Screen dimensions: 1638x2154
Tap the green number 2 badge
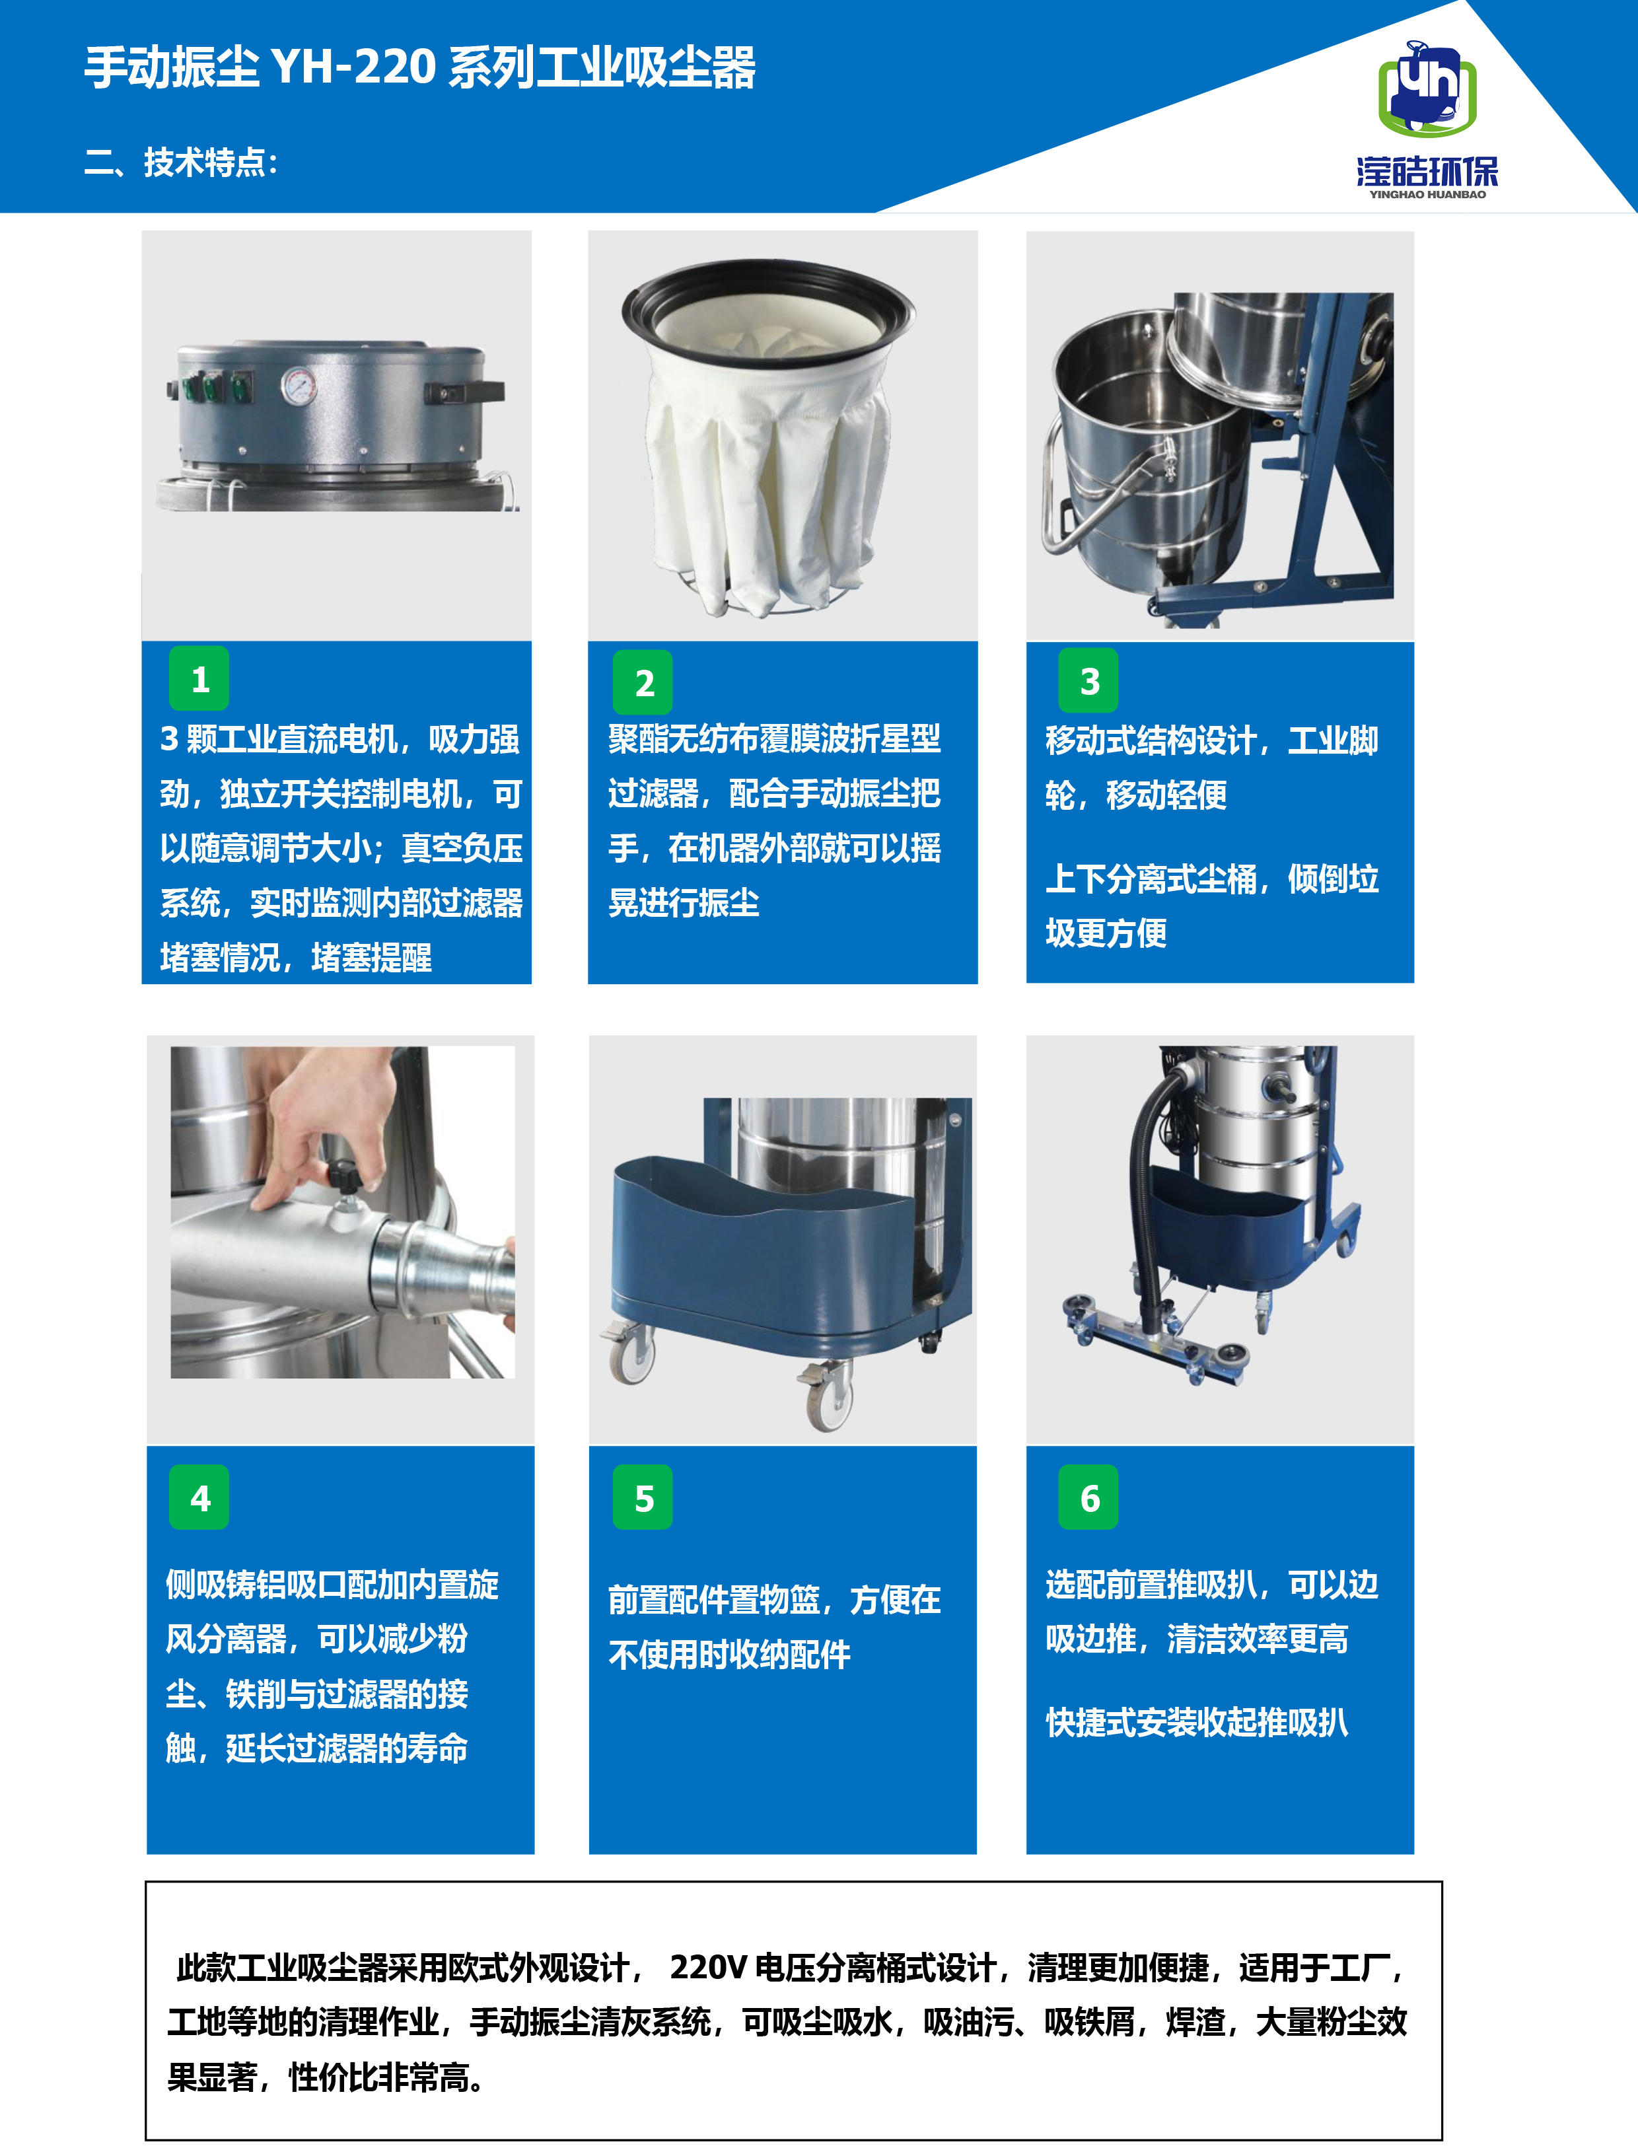[x=643, y=682]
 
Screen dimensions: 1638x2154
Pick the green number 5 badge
[x=643, y=1497]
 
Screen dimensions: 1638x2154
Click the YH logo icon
[x=1427, y=89]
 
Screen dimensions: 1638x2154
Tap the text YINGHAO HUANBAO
[x=1427, y=194]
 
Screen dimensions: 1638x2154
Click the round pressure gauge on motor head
[x=299, y=386]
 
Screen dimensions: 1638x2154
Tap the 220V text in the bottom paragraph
[x=708, y=1967]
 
